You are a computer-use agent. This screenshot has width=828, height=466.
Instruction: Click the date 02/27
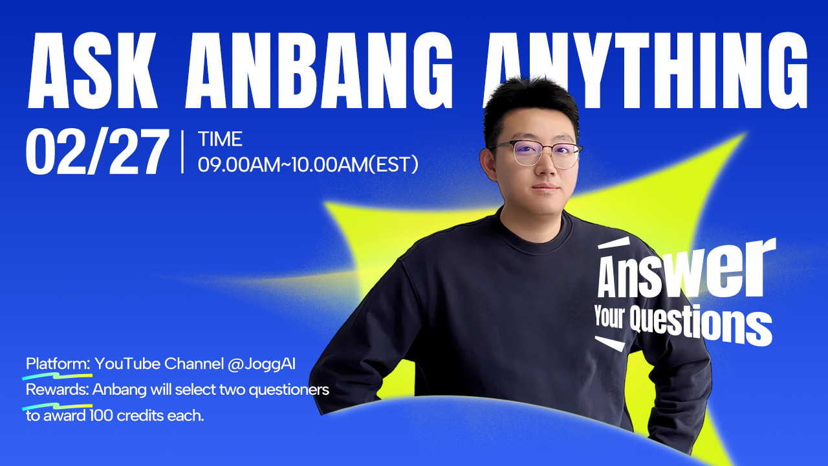96,151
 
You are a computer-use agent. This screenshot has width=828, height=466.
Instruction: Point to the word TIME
220,139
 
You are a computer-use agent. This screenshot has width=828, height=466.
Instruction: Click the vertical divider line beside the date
182,151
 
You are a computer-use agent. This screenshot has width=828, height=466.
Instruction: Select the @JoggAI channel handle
262,364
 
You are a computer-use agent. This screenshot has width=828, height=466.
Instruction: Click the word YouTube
127,364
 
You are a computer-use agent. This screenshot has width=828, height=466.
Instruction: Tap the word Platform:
58,364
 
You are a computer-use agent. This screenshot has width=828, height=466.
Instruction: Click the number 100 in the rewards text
101,416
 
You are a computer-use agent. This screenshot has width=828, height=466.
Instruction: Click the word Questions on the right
701,324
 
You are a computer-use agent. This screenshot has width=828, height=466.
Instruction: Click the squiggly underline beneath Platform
58,377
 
